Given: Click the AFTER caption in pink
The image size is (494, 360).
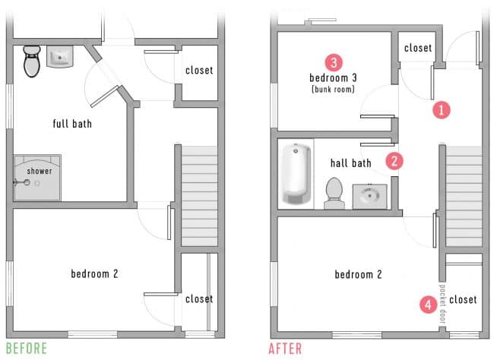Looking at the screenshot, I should click(x=286, y=349).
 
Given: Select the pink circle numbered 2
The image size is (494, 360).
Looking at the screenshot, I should click(x=394, y=160).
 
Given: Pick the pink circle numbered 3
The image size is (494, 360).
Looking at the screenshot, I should click(x=332, y=62).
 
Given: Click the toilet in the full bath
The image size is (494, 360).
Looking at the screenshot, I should click(x=31, y=60).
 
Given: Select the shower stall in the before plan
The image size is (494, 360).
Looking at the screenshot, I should click(x=37, y=178).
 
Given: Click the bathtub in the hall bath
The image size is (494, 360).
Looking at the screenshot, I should click(x=296, y=175).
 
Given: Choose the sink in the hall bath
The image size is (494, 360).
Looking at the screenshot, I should click(x=371, y=196).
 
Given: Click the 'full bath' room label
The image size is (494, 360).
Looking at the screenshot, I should click(x=72, y=123).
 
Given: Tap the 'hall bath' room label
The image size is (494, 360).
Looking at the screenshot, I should click(x=350, y=163).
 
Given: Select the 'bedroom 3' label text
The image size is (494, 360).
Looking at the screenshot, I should click(x=332, y=77).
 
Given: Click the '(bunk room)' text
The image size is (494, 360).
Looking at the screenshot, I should click(x=332, y=90).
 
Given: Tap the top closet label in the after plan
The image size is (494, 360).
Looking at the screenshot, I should click(x=418, y=48).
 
